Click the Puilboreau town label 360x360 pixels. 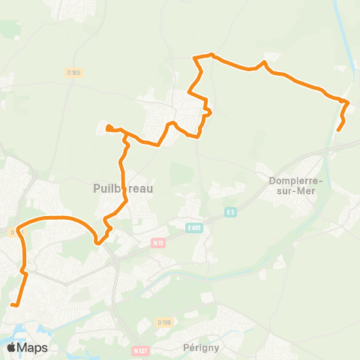pos(123,189)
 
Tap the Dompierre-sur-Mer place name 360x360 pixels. pos(295,185)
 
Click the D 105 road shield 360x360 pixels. pos(73,72)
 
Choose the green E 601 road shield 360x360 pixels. pos(195,226)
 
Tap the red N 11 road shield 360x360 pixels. pos(157,243)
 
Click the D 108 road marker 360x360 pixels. pos(164,322)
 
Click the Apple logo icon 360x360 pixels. pos(12,347)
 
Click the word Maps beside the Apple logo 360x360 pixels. pos(33,348)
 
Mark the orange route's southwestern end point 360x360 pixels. pos(13,304)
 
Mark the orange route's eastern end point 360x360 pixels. pos(338,130)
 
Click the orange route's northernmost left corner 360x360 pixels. pos(196,57)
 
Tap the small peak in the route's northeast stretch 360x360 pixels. pos(266,63)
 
